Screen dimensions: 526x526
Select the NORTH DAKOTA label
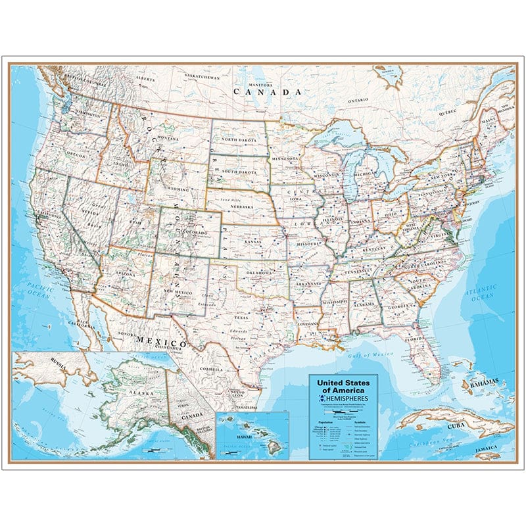[239, 139]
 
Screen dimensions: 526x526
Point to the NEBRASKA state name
[243, 204]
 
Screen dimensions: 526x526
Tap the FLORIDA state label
[415, 340]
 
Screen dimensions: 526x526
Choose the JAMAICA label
[487, 455]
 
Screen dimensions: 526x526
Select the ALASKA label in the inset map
[124, 388]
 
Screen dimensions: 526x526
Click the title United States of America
[343, 386]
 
